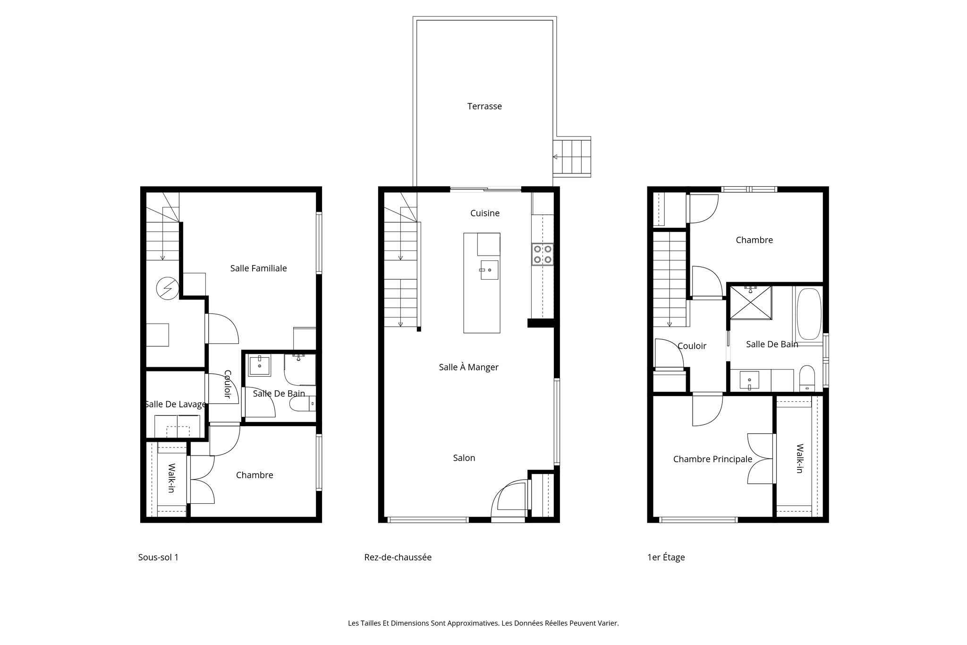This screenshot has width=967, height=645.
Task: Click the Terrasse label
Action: (484, 106)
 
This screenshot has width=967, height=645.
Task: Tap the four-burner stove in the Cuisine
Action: (542, 253)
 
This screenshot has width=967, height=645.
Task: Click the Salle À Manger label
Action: (468, 367)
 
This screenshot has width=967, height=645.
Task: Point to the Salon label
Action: (464, 458)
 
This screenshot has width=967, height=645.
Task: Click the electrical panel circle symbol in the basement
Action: (167, 288)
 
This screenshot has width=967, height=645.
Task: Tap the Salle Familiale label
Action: (258, 268)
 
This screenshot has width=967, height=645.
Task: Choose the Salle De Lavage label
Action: (175, 404)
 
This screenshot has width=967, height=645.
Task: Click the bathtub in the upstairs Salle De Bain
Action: (809, 314)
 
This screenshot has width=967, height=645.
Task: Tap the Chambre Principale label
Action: (712, 459)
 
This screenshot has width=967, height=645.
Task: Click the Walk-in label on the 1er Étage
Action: (799, 458)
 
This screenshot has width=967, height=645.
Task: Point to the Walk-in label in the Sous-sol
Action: (171, 478)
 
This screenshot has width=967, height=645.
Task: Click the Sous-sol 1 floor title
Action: (158, 557)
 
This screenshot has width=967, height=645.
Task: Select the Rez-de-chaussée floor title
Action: (398, 557)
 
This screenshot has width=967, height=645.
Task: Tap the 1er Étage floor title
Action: (666, 557)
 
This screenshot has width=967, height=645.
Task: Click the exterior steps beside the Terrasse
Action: (572, 157)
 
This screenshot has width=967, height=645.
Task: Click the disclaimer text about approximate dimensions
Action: (483, 623)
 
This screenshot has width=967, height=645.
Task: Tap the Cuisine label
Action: (484, 213)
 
